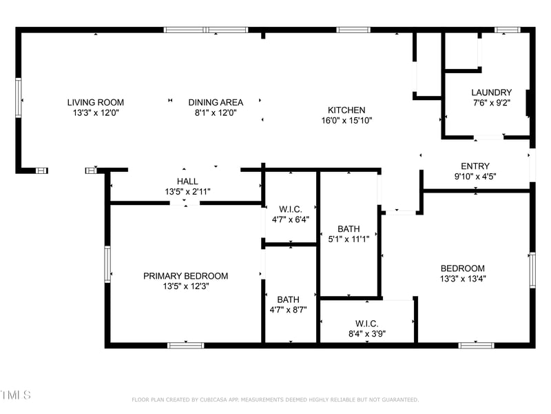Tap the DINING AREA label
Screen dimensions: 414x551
tap(216, 102)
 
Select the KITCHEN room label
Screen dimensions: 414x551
tap(346, 110)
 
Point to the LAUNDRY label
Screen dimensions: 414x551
tap(491, 92)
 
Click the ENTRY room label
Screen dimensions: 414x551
tap(475, 166)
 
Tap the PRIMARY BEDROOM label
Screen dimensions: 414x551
tap(185, 276)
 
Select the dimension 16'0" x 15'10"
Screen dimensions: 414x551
tap(346, 120)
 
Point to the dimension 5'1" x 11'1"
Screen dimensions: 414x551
tap(348, 239)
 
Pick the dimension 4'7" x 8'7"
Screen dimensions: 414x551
tap(288, 310)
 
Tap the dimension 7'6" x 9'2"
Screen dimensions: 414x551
tap(491, 103)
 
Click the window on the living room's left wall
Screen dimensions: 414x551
tap(19, 97)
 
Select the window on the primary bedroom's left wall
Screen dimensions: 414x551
tap(107, 264)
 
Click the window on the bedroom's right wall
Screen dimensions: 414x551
tap(532, 270)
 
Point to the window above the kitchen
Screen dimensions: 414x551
tap(353, 30)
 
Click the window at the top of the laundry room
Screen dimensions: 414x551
tap(508, 30)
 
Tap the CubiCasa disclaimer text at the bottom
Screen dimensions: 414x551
tap(275, 399)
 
